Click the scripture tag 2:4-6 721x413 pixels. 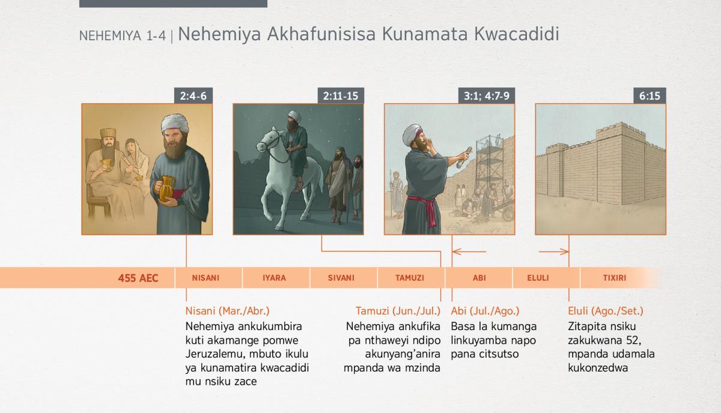193,96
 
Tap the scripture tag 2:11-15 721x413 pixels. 341,96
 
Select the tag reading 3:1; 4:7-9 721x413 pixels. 486,96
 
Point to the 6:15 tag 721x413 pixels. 650,96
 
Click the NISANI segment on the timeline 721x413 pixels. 205,278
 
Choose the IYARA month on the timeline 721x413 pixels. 274,278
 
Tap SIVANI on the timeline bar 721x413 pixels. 341,278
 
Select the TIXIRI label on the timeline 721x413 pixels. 615,278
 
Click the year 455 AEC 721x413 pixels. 138,278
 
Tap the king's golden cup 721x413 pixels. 106,164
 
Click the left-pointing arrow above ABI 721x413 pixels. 469,252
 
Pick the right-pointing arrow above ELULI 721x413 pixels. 553,252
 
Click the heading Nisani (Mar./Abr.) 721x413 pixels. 227,311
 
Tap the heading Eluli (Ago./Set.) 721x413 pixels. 606,311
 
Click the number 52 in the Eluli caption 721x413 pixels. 633,340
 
